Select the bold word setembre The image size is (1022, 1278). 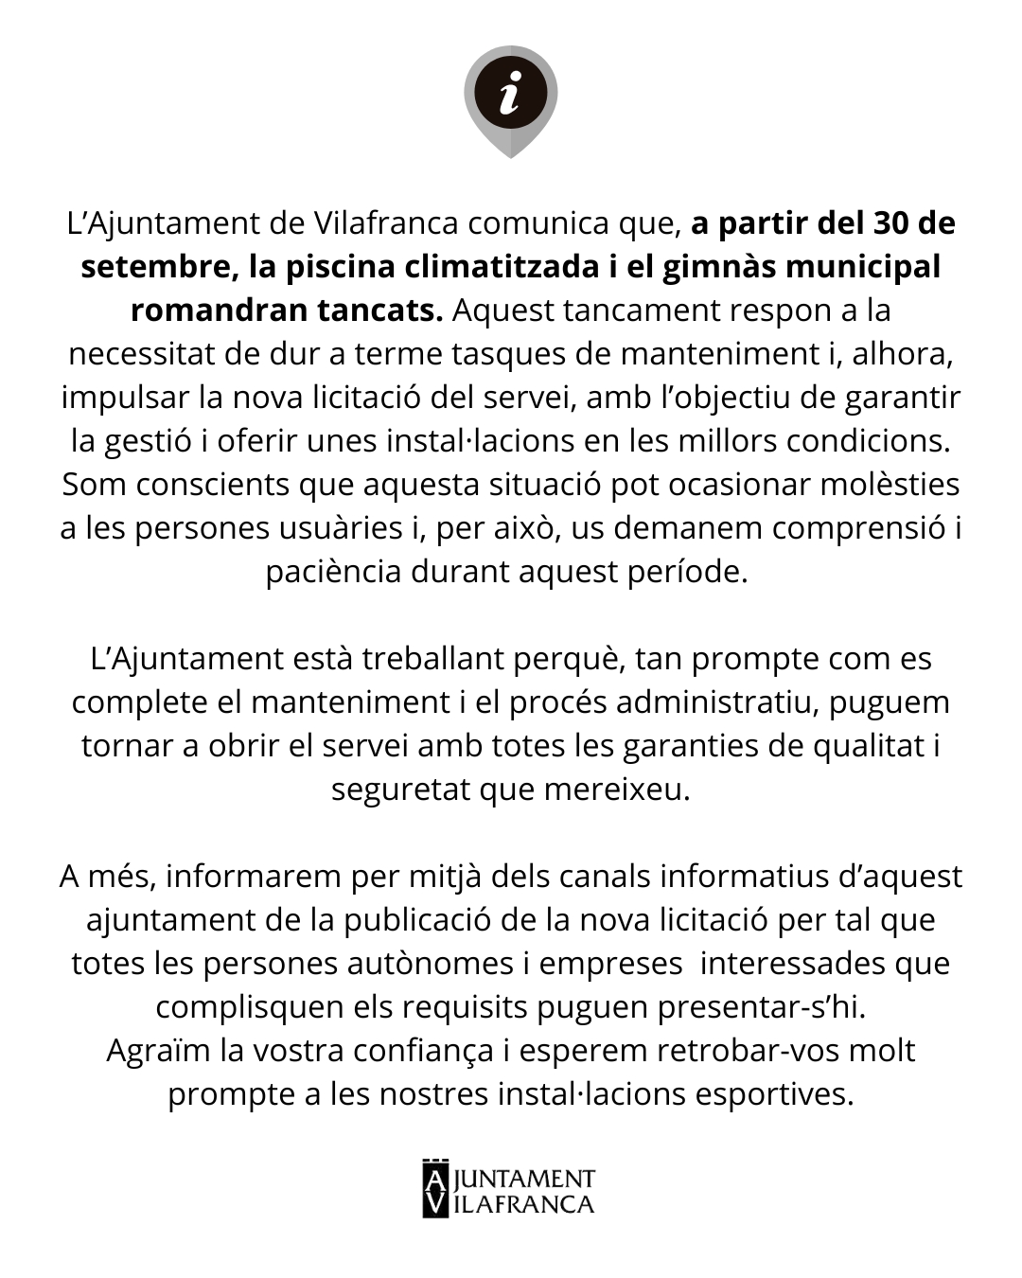coord(151,267)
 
